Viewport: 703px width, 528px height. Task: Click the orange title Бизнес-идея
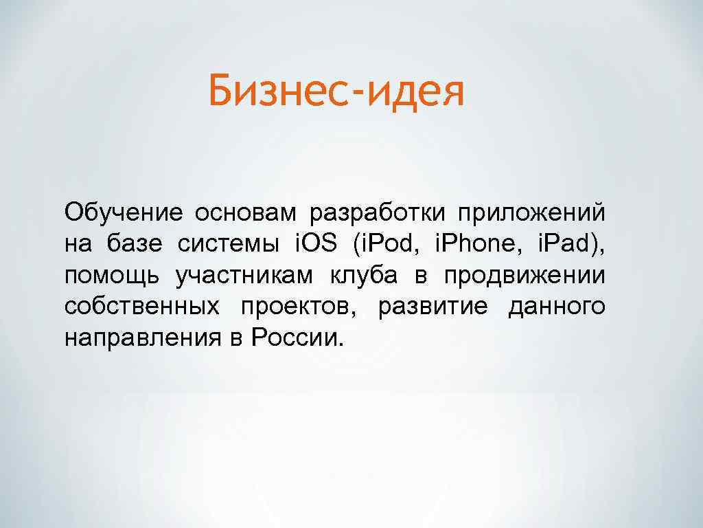pyautogui.click(x=336, y=93)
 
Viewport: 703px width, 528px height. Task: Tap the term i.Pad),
pyautogui.click(x=573, y=244)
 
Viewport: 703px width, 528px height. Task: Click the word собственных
pyautogui.click(x=143, y=307)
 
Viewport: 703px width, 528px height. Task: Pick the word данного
pyautogui.click(x=557, y=307)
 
